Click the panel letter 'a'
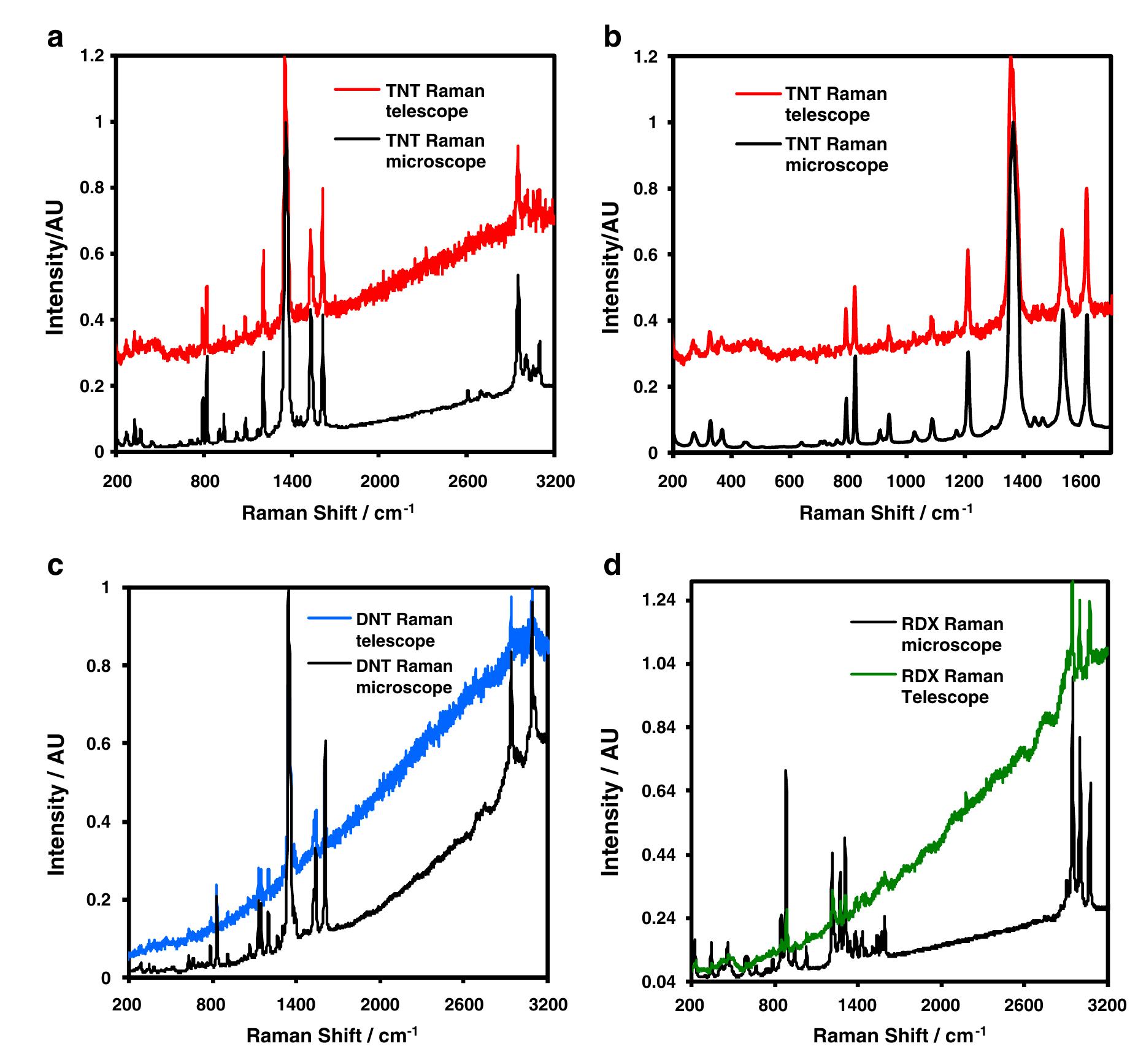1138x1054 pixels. coord(55,39)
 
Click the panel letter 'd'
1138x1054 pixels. coord(612,565)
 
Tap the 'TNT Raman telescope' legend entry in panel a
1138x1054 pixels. coord(434,101)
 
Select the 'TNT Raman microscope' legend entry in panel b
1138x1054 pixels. coord(836,155)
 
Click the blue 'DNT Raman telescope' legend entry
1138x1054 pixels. coord(404,630)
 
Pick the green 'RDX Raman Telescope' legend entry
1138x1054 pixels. coord(952,687)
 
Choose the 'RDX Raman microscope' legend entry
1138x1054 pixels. coord(952,634)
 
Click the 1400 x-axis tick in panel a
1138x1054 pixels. coord(291,481)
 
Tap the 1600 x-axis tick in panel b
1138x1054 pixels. coord(1081,481)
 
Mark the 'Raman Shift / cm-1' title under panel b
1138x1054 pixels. coord(885,512)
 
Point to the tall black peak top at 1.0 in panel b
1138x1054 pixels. coord(1013,123)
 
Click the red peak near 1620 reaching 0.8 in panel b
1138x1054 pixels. coord(1086,190)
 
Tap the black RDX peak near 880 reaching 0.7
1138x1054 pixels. coord(785,771)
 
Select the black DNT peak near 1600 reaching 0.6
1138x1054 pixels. coord(325,742)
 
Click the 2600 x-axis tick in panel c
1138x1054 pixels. coord(464,1005)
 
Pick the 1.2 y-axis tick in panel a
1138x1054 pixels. coord(93,56)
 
